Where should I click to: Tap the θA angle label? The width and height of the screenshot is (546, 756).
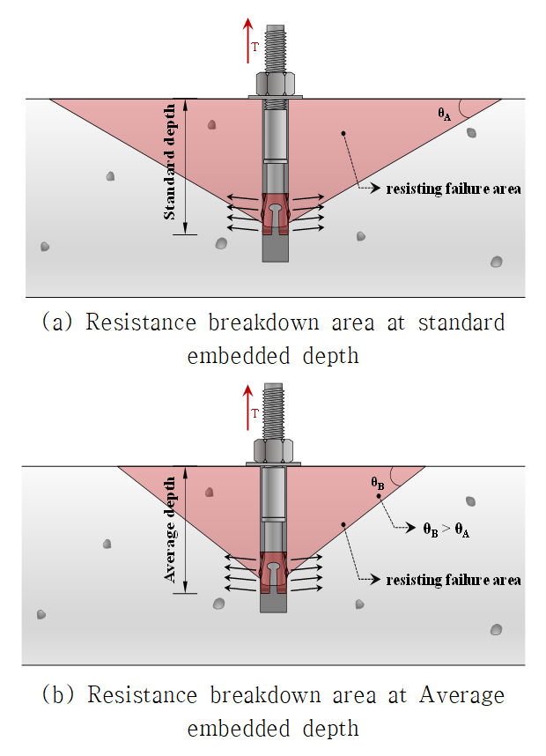coord(445,113)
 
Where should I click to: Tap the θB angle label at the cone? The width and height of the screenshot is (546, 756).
coord(376,483)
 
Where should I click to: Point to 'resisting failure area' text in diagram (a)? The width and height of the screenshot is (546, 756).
coord(454,188)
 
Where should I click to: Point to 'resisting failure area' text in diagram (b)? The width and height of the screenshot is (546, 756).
coord(454,579)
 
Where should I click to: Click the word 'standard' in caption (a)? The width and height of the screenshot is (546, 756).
coord(463,322)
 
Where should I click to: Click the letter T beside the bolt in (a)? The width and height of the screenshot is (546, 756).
coord(255,47)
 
